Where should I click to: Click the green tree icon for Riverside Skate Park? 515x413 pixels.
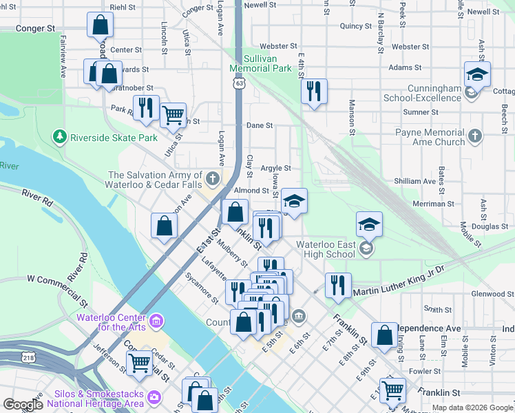pyautogui.click(x=61, y=137)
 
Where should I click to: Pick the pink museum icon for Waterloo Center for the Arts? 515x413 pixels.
pyautogui.click(x=157, y=321)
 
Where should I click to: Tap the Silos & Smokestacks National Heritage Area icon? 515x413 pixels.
pyautogui.click(x=154, y=397)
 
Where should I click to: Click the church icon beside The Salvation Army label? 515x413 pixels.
pyautogui.click(x=213, y=179)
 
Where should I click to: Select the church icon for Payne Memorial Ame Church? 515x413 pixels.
pyautogui.click(x=474, y=137)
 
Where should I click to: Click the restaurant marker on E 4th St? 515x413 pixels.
pyautogui.click(x=314, y=91)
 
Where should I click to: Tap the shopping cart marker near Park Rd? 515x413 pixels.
pyautogui.click(x=173, y=114)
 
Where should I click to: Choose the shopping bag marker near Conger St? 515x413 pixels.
pyautogui.click(x=100, y=25)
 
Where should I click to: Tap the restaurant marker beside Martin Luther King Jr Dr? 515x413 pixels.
pyautogui.click(x=337, y=285)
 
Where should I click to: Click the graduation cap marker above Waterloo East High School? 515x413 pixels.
pyautogui.click(x=369, y=224)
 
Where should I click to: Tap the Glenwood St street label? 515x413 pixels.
pyautogui.click(x=492, y=294)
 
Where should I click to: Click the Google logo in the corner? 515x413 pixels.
pyautogui.click(x=23, y=405)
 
